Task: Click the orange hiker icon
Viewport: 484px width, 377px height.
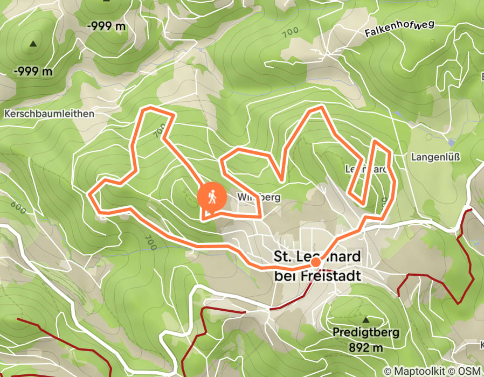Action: click(213, 197)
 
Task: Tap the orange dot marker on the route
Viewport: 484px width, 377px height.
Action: click(315, 262)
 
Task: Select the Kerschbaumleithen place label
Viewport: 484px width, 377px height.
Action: click(49, 114)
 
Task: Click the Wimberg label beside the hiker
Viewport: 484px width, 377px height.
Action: click(259, 198)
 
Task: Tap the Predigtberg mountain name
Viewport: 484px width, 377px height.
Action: click(366, 332)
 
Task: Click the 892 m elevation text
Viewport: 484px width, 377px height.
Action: click(366, 347)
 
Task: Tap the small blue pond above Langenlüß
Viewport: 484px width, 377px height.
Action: click(450, 143)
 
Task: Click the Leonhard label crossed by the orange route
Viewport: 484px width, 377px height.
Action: click(366, 169)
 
